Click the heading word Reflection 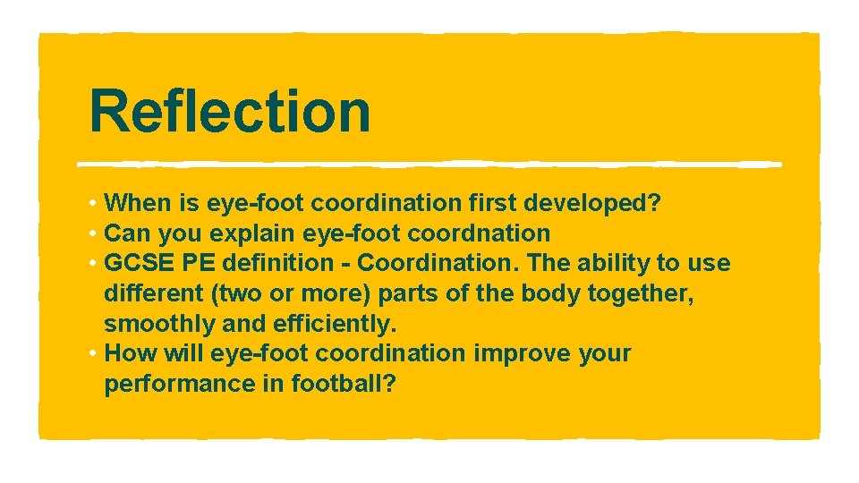[230, 111]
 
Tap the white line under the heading [429, 165]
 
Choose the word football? [348, 384]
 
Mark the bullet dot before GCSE [93, 264]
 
